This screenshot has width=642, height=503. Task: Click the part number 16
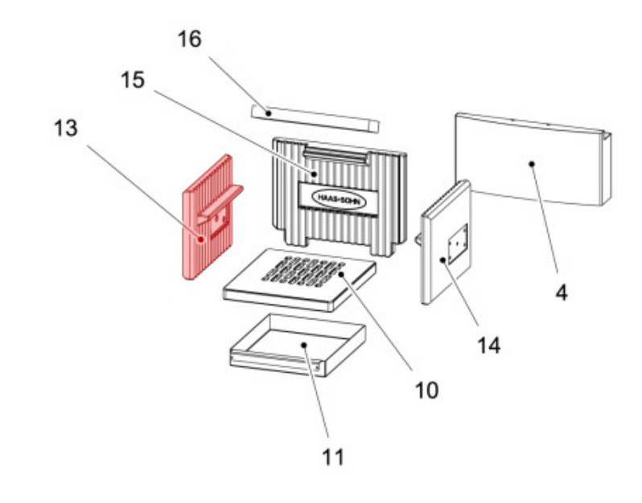click(x=190, y=39)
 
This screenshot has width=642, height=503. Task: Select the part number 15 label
click(x=133, y=80)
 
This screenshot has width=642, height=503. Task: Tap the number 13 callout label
click(x=65, y=128)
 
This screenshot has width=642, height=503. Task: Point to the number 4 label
click(x=562, y=292)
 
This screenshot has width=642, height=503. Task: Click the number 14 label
click(x=489, y=346)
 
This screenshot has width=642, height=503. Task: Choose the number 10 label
click(x=426, y=391)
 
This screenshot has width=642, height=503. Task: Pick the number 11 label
click(x=333, y=457)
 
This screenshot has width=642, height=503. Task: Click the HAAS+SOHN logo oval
click(x=339, y=198)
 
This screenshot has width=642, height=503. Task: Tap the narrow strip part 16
click(x=315, y=119)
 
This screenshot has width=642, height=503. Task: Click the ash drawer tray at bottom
click(x=298, y=346)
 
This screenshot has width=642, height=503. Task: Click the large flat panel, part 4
click(x=533, y=159)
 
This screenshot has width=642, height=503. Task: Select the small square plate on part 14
click(x=458, y=244)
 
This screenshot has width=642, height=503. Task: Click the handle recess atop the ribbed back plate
click(x=335, y=155)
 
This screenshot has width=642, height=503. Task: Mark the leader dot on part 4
click(x=532, y=164)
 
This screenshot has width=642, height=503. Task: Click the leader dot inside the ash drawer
click(x=304, y=346)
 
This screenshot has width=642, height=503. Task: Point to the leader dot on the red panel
click(x=200, y=239)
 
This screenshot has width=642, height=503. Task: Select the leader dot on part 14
click(x=442, y=260)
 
